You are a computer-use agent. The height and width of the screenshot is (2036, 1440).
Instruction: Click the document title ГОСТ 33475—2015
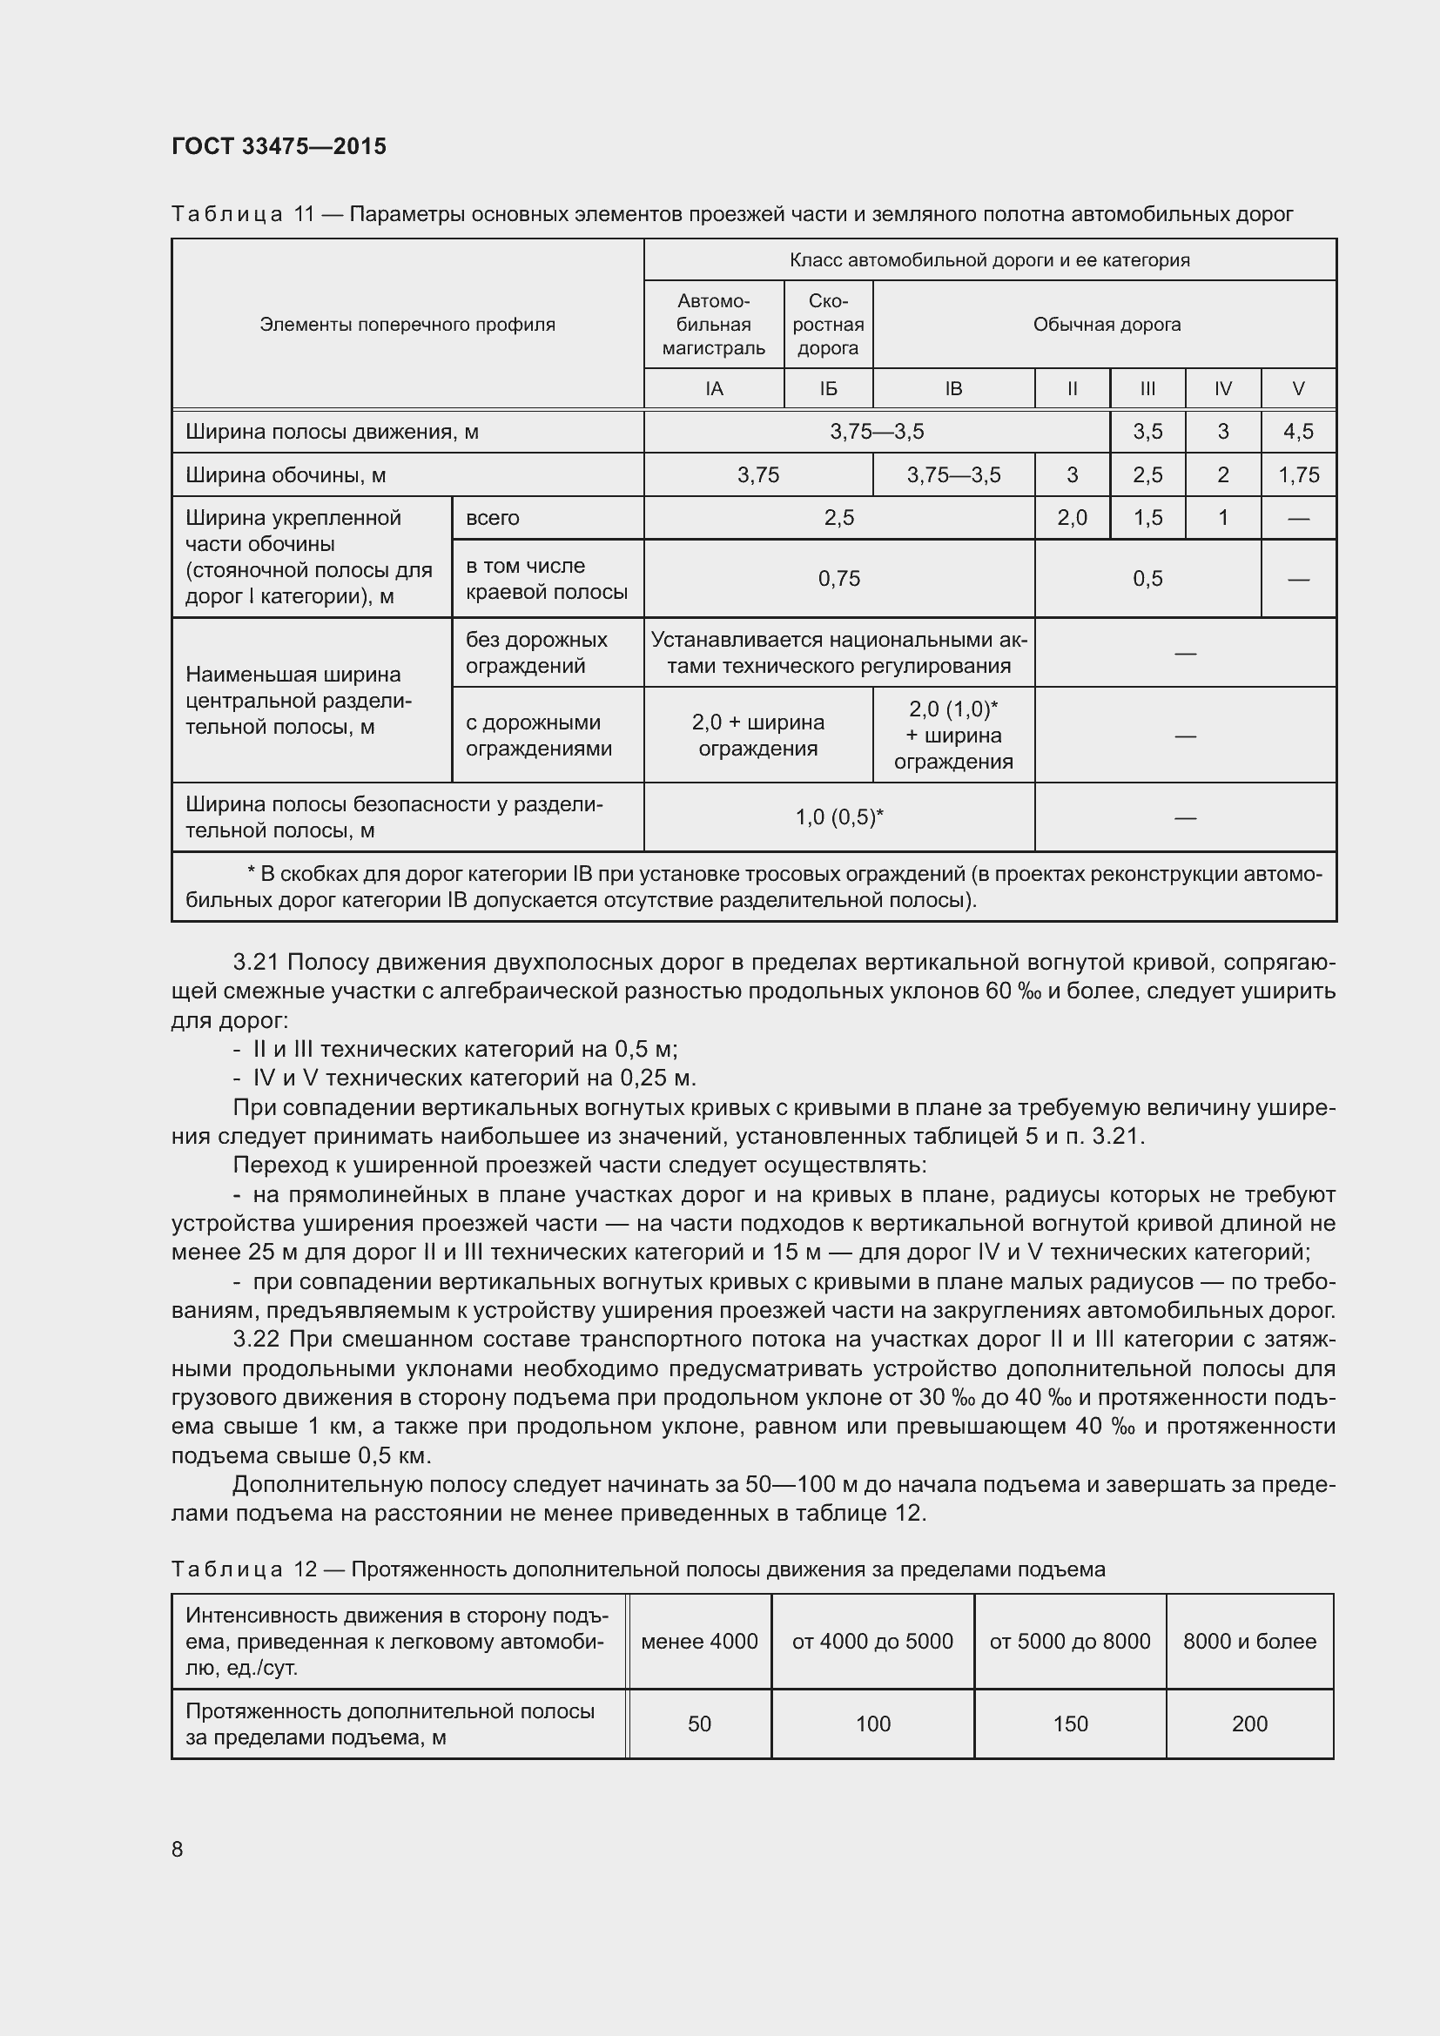point(279,146)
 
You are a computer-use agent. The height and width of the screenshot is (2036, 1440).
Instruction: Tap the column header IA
point(714,388)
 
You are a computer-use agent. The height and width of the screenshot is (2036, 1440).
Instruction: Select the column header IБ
point(828,388)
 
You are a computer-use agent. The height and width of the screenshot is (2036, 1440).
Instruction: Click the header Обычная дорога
point(1106,325)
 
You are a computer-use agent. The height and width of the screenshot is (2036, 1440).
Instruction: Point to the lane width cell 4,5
point(1298,432)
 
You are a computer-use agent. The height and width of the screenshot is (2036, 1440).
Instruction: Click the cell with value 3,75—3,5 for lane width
point(876,432)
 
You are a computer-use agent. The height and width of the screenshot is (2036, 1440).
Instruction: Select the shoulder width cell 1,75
point(1298,475)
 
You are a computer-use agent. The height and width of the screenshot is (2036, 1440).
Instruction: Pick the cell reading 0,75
point(838,579)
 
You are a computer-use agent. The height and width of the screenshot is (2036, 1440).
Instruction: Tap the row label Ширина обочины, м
point(286,475)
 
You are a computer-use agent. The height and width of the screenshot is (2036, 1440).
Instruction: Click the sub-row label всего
point(493,518)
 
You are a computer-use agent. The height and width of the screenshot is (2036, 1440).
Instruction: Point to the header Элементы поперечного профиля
point(407,325)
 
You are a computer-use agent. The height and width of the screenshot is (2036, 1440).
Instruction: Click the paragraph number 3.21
point(256,962)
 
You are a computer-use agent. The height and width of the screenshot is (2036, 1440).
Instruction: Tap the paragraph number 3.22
point(256,1339)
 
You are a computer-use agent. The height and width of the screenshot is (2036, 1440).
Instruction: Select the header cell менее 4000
point(699,1642)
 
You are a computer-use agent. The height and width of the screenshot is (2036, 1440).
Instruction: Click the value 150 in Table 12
point(1069,1724)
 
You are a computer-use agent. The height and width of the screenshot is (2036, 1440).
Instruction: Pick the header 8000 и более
point(1248,1642)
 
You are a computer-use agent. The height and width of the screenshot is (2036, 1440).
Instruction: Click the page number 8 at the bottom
point(178,1849)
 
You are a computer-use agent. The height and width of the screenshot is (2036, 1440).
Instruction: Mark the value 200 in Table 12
point(1248,1724)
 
